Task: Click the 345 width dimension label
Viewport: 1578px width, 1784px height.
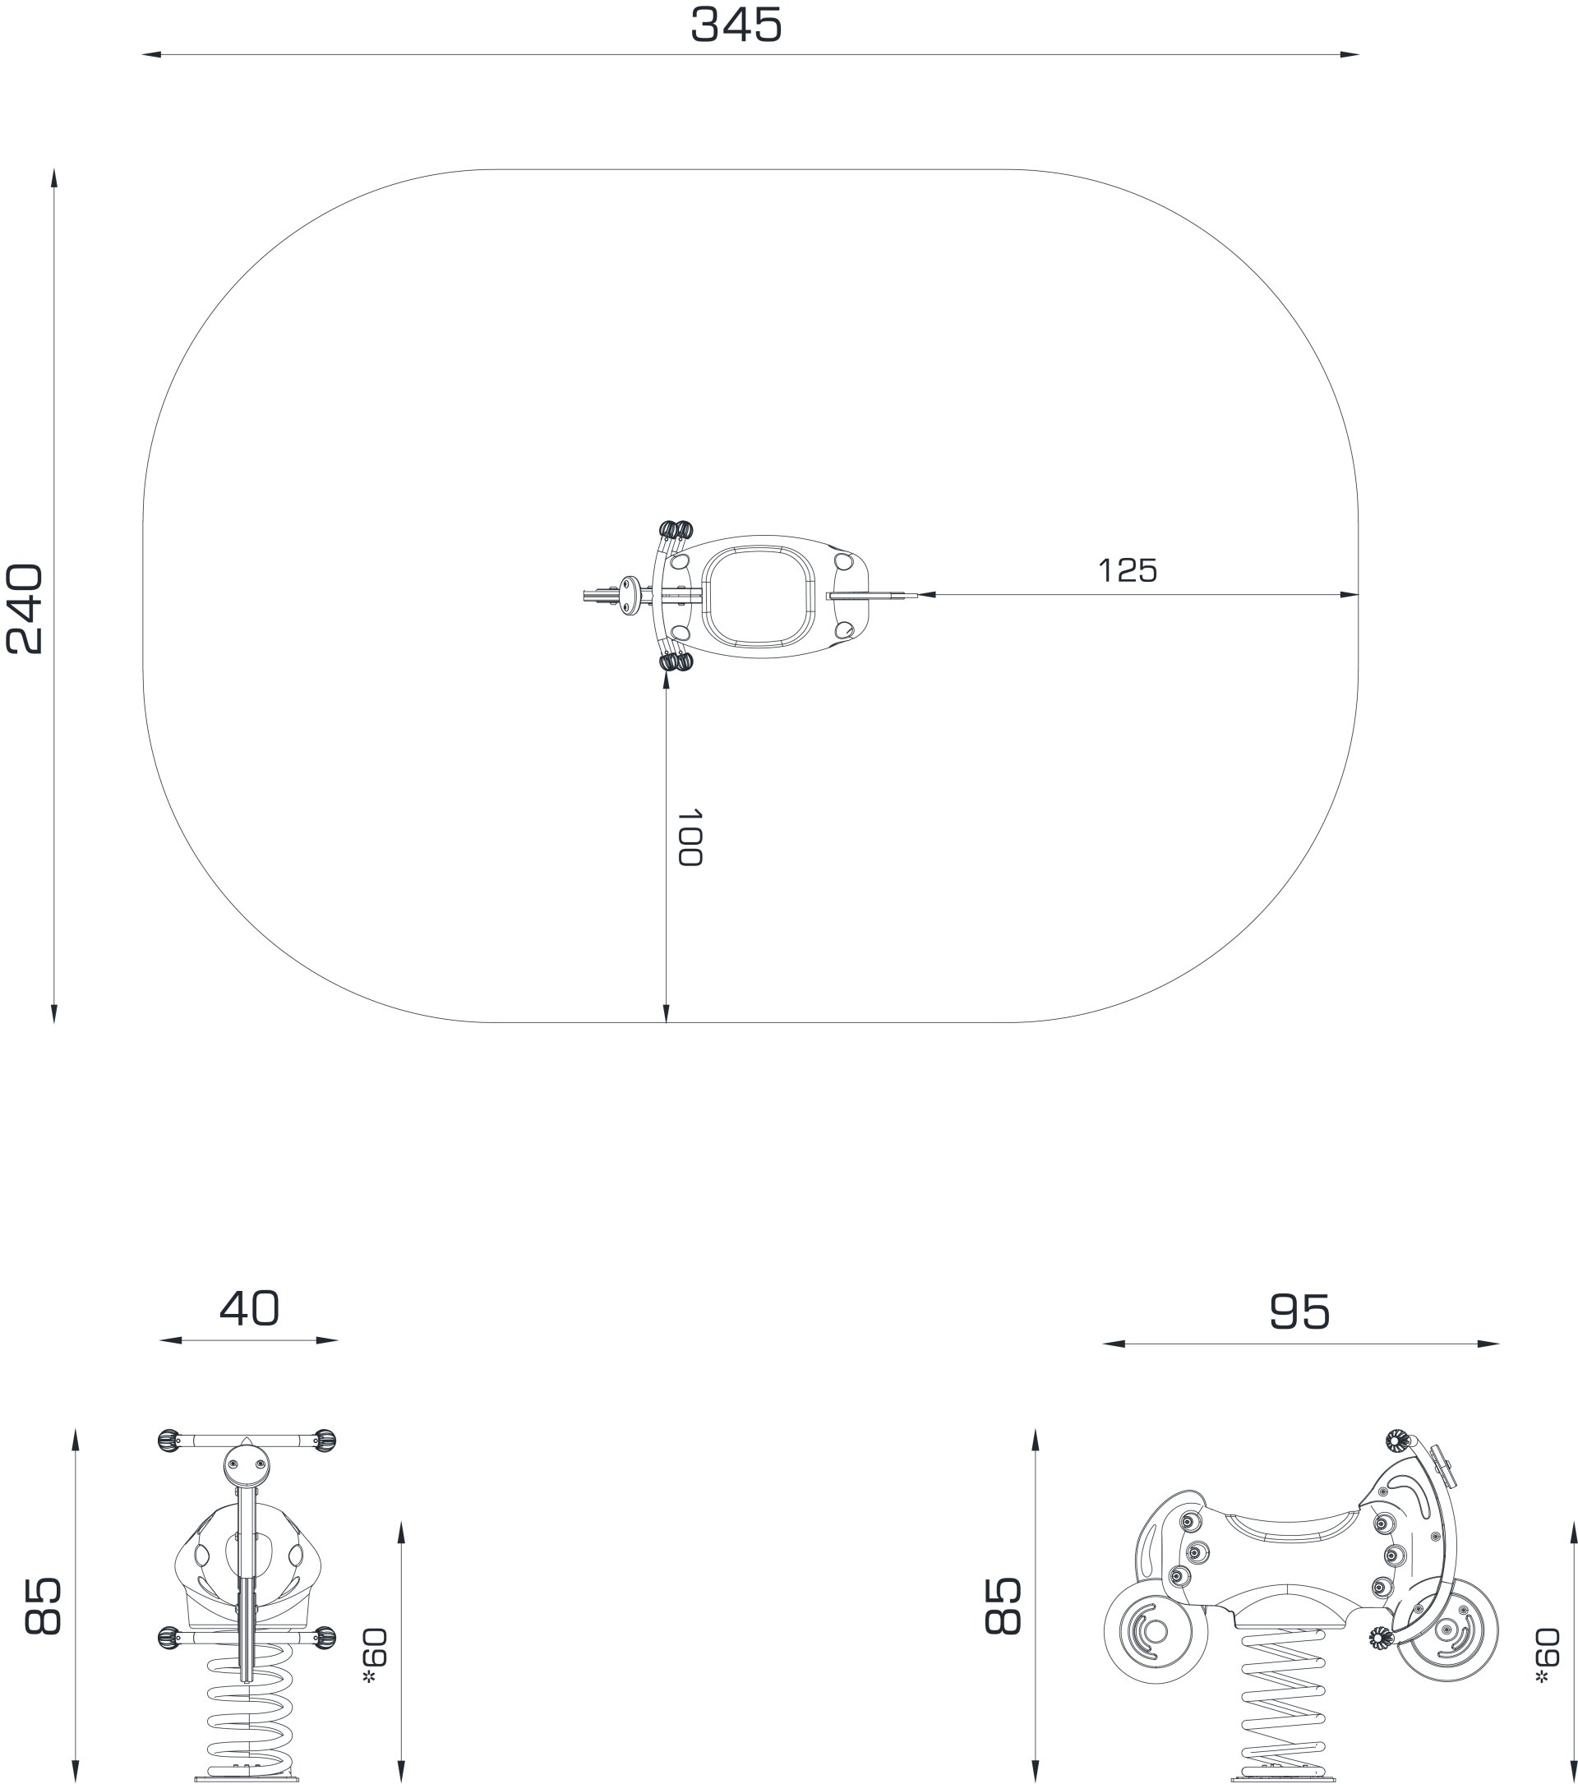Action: pyautogui.click(x=736, y=25)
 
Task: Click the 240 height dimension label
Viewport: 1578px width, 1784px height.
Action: pyautogui.click(x=25, y=609)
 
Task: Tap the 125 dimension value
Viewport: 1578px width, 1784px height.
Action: pyautogui.click(x=1128, y=571)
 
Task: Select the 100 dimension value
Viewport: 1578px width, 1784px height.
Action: pyautogui.click(x=690, y=837)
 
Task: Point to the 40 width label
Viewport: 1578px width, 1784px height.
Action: pyautogui.click(x=250, y=1308)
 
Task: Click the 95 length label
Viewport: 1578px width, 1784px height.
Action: pyautogui.click(x=1299, y=1311)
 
